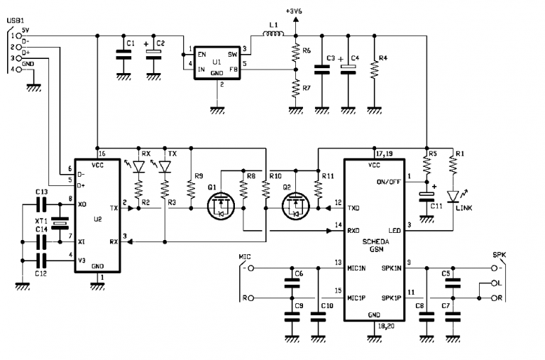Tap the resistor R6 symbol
point(295,51)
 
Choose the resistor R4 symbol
point(373,68)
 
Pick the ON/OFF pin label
point(388,181)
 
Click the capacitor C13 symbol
point(43,204)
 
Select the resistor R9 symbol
point(190,187)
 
